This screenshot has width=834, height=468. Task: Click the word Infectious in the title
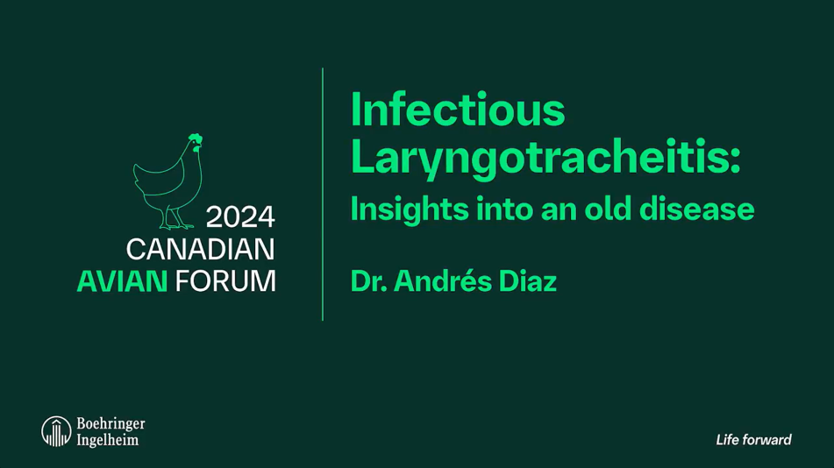pyautogui.click(x=457, y=111)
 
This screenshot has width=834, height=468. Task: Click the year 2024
pyautogui.click(x=240, y=216)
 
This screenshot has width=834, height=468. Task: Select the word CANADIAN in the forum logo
pyautogui.click(x=200, y=249)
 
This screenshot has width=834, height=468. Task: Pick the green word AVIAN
pyautogui.click(x=121, y=281)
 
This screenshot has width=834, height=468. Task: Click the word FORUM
pyautogui.click(x=225, y=281)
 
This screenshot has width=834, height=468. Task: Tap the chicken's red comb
pyautogui.click(x=195, y=138)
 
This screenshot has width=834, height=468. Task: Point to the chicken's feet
pyautogui.click(x=178, y=224)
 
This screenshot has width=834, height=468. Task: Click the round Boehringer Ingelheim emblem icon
pyautogui.click(x=56, y=430)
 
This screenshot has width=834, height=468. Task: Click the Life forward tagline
pyautogui.click(x=753, y=440)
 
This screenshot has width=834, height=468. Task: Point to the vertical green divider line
pyautogui.click(x=323, y=193)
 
